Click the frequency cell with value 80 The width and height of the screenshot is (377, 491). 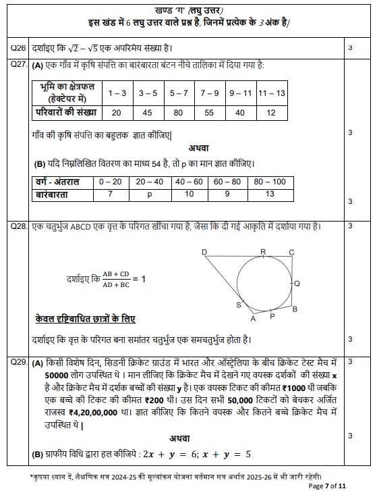[178, 113]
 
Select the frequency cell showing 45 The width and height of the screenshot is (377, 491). [146, 113]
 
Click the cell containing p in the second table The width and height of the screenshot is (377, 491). [150, 194]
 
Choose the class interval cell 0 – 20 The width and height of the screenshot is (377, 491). [110, 182]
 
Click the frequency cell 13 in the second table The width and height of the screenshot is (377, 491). [270, 194]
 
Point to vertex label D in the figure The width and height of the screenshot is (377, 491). [205, 252]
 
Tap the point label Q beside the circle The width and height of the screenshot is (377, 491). [297, 283]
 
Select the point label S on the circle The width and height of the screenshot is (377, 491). [238, 305]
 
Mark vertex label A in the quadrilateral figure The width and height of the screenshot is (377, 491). [254, 319]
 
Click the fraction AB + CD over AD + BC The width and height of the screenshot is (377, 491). [115, 279]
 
